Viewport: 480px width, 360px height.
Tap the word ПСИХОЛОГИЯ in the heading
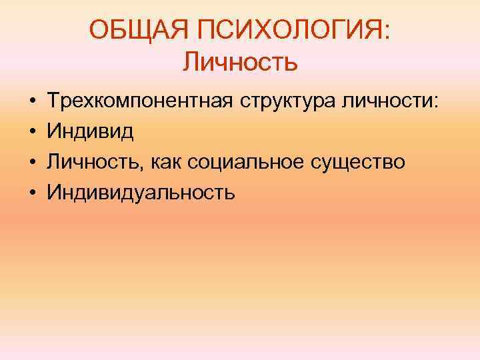(286, 30)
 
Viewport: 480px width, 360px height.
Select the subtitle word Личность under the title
(240, 63)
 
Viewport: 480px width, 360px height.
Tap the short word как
(169, 162)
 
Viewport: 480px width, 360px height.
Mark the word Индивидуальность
(141, 193)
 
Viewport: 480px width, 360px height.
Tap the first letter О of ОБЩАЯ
(98, 30)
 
